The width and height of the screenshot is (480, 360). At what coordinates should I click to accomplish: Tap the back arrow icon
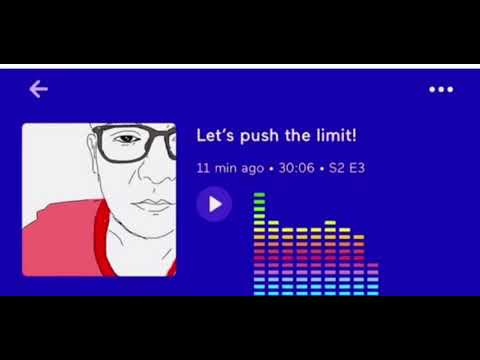point(38,89)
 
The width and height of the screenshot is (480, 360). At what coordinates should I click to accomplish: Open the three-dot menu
point(441,89)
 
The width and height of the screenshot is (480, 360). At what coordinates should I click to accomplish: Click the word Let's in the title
point(215,135)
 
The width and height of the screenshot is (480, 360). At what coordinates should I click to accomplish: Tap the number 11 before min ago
point(203,168)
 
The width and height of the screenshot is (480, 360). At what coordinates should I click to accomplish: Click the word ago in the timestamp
point(251,168)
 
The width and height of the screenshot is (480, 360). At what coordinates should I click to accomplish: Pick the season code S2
point(335,168)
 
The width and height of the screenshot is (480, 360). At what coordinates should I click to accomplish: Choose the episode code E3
point(356,168)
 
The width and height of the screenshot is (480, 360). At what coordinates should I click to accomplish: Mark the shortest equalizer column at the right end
point(372,279)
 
